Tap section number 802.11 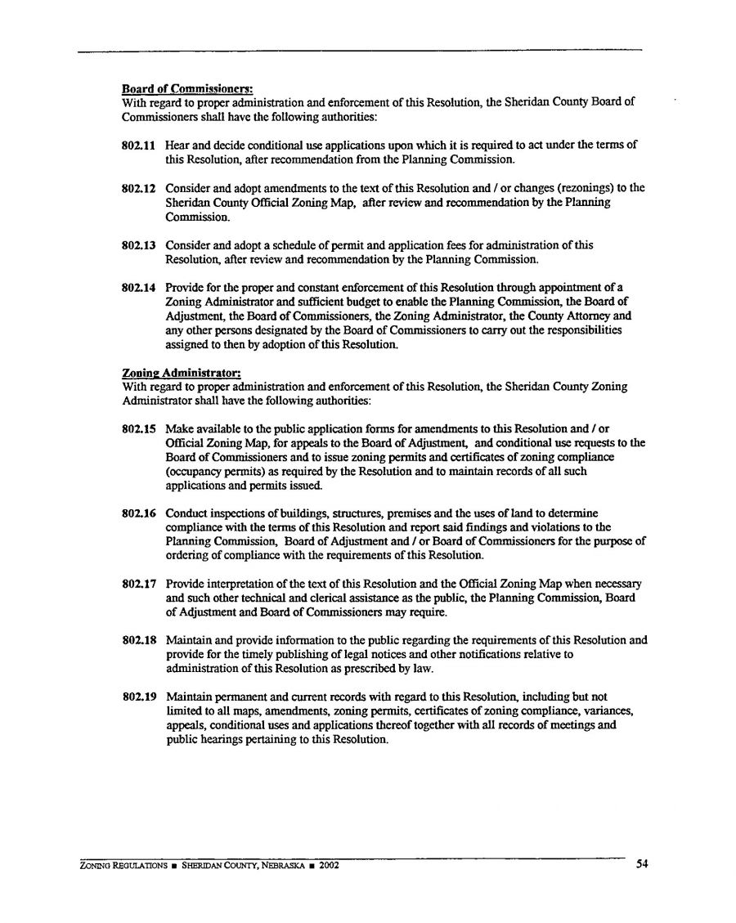click(x=138, y=146)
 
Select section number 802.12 click(x=138, y=188)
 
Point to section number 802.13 click(x=138, y=245)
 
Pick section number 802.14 click(x=138, y=288)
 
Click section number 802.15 click(x=138, y=429)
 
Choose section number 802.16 click(x=138, y=513)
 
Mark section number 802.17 click(x=138, y=584)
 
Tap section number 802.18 click(x=138, y=641)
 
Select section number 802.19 click(x=138, y=697)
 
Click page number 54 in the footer click(x=642, y=865)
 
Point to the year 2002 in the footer click(x=329, y=866)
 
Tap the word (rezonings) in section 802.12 click(x=589, y=188)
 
